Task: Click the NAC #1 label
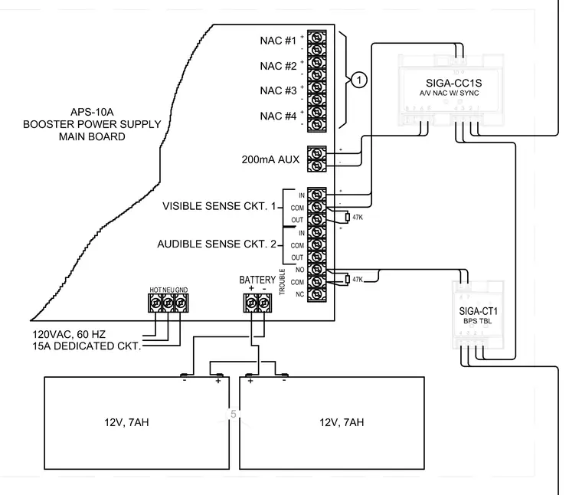coord(278,41)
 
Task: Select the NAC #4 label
coord(278,116)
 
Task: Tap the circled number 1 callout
coord(358,80)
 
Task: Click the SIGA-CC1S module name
coord(453,84)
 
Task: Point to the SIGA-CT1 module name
coord(478,311)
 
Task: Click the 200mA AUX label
coord(270,159)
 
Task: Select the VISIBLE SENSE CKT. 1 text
coord(219,206)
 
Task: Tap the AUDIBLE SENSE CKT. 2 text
coord(217,244)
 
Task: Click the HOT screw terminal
coord(155,303)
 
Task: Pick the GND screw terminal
coord(181,303)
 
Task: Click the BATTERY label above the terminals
coord(257,280)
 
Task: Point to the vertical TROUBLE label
coord(282,282)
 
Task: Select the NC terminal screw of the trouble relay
coord(316,294)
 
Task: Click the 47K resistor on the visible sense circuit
coord(348,217)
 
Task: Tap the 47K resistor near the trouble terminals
coord(348,279)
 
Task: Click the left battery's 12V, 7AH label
coord(126,422)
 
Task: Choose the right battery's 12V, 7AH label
coord(342,422)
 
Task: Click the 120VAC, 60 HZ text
coord(69,335)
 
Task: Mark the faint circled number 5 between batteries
coord(233,414)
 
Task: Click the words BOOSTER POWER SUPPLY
coord(92,124)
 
